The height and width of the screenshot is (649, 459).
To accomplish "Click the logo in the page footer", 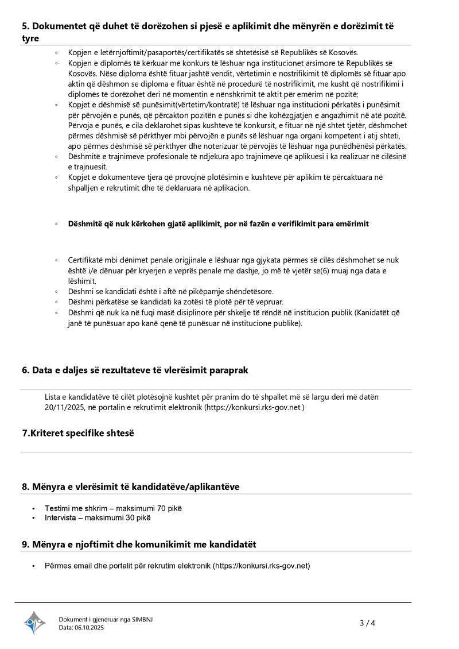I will click(x=34, y=623).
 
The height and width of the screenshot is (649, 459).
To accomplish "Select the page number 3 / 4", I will click(x=367, y=623).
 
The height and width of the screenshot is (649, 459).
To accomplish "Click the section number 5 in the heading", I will click(x=25, y=26).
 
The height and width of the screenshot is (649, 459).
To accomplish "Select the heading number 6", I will click(x=25, y=370).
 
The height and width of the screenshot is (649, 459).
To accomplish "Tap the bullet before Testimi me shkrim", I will click(x=35, y=508).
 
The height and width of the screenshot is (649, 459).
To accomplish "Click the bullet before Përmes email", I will click(x=35, y=566).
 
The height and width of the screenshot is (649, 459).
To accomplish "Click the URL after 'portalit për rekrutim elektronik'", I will click(x=262, y=566).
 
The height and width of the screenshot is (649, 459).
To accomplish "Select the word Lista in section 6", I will click(x=53, y=397).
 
